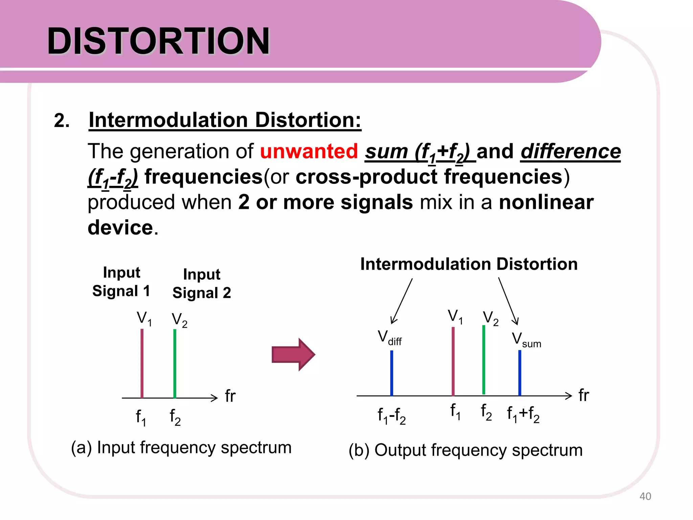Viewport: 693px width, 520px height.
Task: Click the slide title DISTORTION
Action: click(x=158, y=41)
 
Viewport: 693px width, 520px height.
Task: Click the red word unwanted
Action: click(x=309, y=151)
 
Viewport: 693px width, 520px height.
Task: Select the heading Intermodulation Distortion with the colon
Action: click(x=225, y=120)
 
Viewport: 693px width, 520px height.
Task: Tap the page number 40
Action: click(x=645, y=496)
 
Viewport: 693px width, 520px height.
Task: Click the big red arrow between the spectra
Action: click(x=293, y=355)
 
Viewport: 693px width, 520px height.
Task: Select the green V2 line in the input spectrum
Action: click(x=175, y=364)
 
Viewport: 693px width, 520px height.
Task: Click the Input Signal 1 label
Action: click(x=121, y=282)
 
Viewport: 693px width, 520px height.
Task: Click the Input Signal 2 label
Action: click(x=202, y=284)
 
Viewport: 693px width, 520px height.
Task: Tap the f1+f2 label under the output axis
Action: click(x=523, y=414)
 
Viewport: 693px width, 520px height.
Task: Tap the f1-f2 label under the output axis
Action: click(x=392, y=415)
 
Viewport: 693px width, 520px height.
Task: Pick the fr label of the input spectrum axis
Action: click(x=230, y=396)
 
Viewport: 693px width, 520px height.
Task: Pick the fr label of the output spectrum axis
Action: click(x=583, y=395)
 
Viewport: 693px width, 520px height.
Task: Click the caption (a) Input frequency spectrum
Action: click(x=181, y=448)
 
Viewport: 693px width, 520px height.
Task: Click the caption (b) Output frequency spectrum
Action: click(x=466, y=450)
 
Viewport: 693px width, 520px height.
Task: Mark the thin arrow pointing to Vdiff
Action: click(x=402, y=301)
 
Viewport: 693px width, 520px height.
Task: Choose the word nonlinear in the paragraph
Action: click(x=546, y=202)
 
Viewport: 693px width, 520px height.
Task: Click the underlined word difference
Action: click(x=571, y=151)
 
